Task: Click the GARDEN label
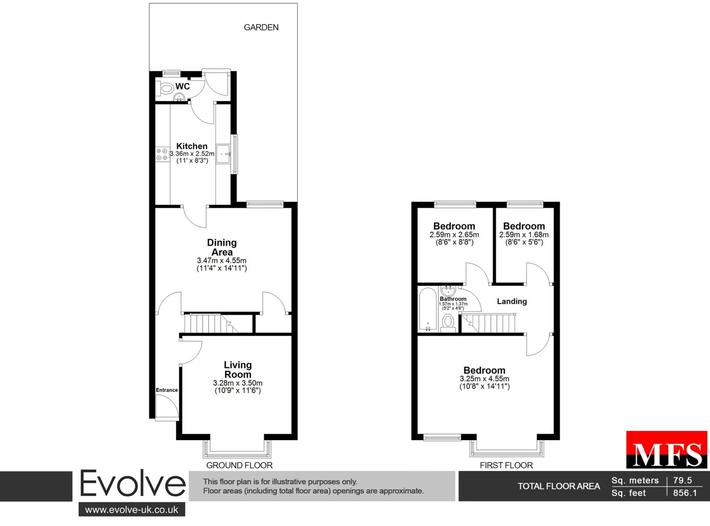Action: click(x=261, y=27)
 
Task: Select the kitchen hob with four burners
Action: click(x=162, y=154)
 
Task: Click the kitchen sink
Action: click(x=223, y=154)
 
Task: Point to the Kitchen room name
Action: click(x=192, y=146)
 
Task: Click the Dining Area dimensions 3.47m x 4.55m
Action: click(x=222, y=261)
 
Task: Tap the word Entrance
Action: click(x=167, y=390)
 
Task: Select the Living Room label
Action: click(x=238, y=370)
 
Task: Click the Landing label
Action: click(x=512, y=301)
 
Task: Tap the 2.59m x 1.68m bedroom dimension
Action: click(x=524, y=235)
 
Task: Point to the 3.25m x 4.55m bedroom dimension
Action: click(x=485, y=379)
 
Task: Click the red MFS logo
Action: click(x=667, y=449)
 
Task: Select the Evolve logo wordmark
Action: click(x=133, y=484)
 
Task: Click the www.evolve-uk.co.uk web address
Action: click(x=132, y=510)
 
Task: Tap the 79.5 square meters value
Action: click(x=682, y=480)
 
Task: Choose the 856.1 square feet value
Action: click(x=685, y=493)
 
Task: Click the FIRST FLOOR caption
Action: click(x=506, y=465)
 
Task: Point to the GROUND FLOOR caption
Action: click(x=239, y=465)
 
